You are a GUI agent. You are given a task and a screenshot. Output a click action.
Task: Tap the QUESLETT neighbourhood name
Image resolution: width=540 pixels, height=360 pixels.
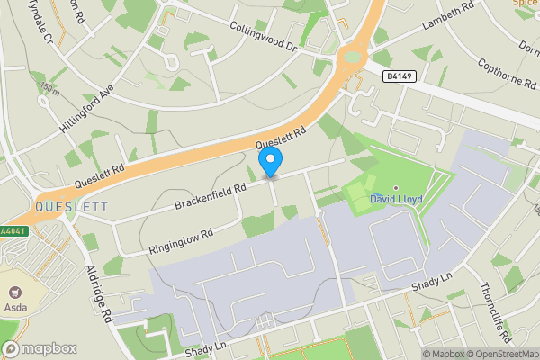point(71,207)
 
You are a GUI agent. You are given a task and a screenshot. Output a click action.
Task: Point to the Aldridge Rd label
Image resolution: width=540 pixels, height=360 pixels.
point(98,293)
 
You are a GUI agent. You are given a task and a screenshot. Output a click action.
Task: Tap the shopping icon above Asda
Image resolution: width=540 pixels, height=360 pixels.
point(14,292)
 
